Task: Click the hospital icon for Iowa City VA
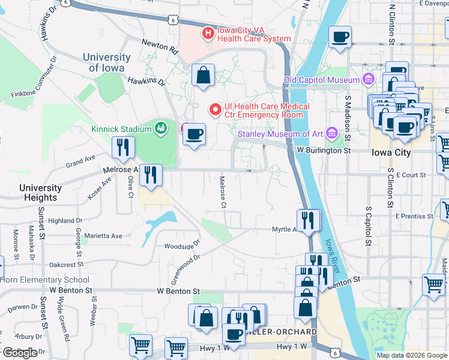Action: pos(208,33)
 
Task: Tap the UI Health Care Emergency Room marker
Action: pos(214,109)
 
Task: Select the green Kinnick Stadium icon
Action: pos(160,127)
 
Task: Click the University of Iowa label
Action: pos(107,62)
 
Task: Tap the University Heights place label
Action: pos(40,192)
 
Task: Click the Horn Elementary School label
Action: pos(44,280)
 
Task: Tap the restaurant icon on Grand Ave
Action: pos(123,148)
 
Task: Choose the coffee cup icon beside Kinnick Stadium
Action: pos(194,134)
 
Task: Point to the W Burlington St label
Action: pos(324,151)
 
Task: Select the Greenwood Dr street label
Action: pos(186,269)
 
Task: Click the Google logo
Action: pos(19,353)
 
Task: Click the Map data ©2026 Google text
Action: pos(411,355)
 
